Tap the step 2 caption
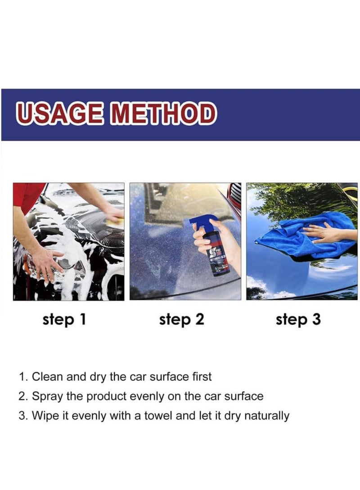(x=181, y=320)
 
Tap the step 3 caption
(x=298, y=320)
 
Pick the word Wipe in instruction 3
(x=47, y=416)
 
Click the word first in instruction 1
(x=202, y=377)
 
